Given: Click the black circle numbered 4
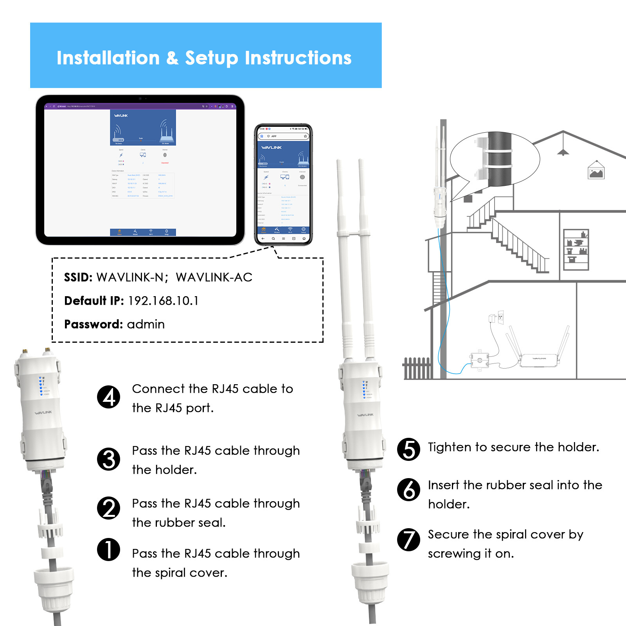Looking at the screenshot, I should pyautogui.click(x=108, y=397).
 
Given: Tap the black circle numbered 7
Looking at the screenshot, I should pyautogui.click(x=408, y=540).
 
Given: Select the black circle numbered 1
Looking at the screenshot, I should pyautogui.click(x=108, y=549).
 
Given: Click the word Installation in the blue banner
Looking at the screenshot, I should pyautogui.click(x=108, y=58).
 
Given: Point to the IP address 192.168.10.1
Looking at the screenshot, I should pyautogui.click(x=163, y=300).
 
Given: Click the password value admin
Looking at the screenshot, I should pyautogui.click(x=146, y=324).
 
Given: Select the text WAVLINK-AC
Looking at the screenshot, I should pyautogui.click(x=214, y=277).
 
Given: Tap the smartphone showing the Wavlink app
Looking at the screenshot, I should pyautogui.click(x=283, y=184).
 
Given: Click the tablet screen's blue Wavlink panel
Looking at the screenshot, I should pyautogui.click(x=143, y=128).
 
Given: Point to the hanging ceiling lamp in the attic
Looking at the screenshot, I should pyautogui.click(x=563, y=151).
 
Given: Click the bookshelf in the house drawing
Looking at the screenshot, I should pyautogui.click(x=576, y=250).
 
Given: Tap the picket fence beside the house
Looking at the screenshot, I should pyautogui.click(x=417, y=368).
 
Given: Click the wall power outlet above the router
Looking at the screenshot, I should pyautogui.click(x=500, y=317).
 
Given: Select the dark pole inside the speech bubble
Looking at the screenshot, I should pyautogui.click(x=500, y=159).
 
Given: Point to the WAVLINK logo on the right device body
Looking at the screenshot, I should pyautogui.click(x=365, y=415).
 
